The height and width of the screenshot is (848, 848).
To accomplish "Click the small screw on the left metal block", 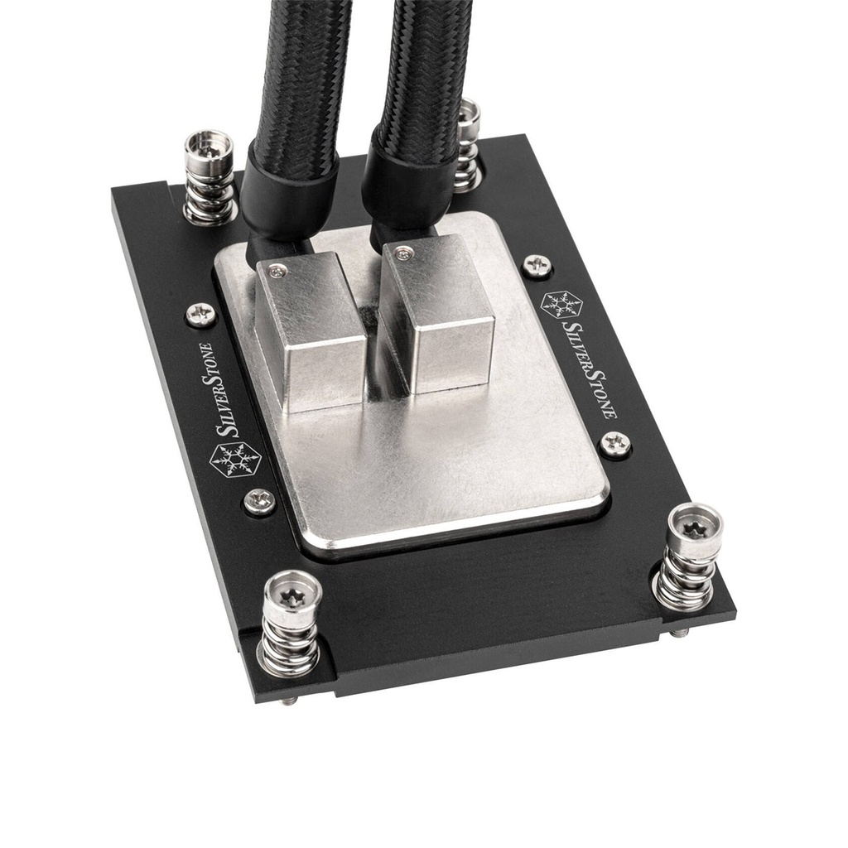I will tap(277, 269).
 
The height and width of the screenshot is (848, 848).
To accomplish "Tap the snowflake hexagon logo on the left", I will tap(235, 460).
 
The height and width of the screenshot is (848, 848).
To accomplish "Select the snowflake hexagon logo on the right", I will tap(561, 304).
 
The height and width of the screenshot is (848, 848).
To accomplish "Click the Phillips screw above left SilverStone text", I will tap(200, 314).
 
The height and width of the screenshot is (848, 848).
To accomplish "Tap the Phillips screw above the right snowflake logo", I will tap(537, 265).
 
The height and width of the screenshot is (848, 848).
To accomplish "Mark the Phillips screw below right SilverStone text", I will tap(614, 444).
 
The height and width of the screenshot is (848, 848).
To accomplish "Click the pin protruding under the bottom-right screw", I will tap(680, 632).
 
